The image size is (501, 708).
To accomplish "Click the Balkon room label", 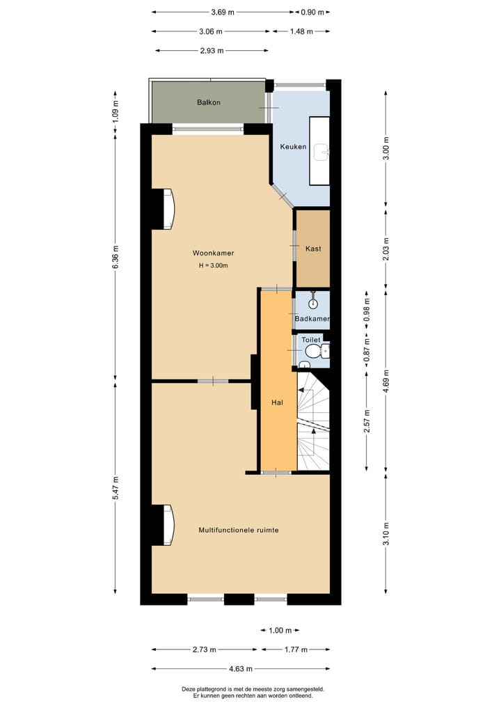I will (209, 102).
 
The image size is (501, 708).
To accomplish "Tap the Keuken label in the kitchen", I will (293, 147).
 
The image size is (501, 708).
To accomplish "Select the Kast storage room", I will (312, 249).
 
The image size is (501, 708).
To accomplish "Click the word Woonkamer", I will (213, 253).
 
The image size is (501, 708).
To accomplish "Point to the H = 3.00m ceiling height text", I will (213, 265).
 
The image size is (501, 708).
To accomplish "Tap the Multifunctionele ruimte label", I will (239, 530).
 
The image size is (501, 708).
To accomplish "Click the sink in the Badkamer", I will (313, 302).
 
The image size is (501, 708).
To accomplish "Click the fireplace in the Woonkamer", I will (167, 209).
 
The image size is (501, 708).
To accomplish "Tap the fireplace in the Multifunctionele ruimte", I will (167, 526).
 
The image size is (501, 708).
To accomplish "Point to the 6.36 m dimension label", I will (116, 256).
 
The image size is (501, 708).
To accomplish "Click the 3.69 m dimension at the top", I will (222, 12).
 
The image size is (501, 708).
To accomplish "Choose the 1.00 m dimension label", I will (280, 631).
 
